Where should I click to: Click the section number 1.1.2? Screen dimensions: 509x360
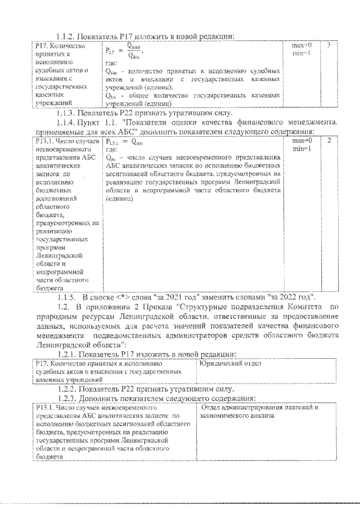pyautogui.click(x=66, y=35)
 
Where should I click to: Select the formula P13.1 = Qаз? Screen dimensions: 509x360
pyautogui.click(x=125, y=143)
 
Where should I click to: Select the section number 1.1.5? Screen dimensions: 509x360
pyautogui.click(x=66, y=296)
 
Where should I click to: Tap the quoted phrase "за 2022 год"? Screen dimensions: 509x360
pyautogui.click(x=289, y=296)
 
